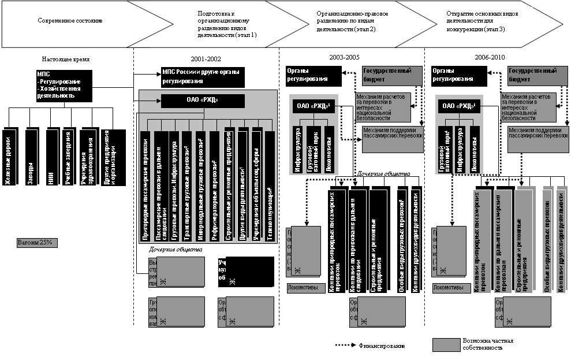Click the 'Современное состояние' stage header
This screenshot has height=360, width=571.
[70, 21]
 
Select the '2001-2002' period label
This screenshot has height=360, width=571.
[206, 59]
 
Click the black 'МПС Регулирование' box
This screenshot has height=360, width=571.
[63, 86]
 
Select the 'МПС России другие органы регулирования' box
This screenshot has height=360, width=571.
[202, 76]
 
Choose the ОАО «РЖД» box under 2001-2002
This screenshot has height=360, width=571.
[202, 100]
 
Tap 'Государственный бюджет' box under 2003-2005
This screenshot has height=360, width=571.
[386, 75]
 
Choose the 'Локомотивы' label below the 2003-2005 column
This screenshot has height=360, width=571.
[302, 287]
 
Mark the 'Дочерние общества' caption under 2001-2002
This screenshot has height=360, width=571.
[176, 250]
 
